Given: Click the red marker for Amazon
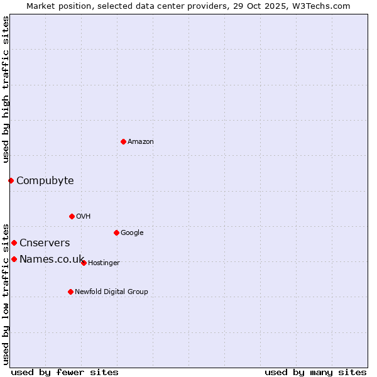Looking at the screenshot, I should click(x=123, y=141).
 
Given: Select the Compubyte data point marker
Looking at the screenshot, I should click(x=11, y=180).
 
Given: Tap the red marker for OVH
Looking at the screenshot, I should click(x=72, y=216).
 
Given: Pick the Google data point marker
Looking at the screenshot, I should click(x=116, y=232).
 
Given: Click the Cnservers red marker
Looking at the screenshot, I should click(x=14, y=243).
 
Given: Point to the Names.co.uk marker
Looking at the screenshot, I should click(x=14, y=259).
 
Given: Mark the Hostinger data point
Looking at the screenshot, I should click(x=84, y=263).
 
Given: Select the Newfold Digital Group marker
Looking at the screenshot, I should click(x=70, y=292).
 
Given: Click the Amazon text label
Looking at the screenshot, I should click(x=141, y=142).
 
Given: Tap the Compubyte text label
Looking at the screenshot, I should click(x=45, y=181).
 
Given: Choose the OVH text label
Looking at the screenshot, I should click(x=84, y=217).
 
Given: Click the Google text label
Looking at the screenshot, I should click(x=132, y=233).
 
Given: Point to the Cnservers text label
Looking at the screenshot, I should click(x=45, y=243).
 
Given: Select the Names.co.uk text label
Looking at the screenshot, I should click(x=52, y=260).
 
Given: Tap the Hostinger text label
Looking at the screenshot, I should click(x=104, y=263).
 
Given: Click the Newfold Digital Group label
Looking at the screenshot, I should click(x=111, y=292).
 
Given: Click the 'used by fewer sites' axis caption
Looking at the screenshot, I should click(x=65, y=372).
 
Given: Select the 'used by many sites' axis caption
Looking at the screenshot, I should click(x=315, y=372).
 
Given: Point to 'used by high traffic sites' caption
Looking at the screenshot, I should click(x=6, y=89).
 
